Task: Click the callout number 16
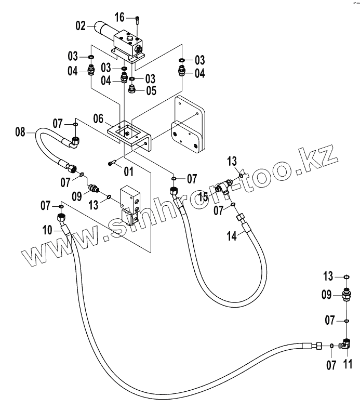pos(119,18)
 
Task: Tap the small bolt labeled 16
pos(137,20)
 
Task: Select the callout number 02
pos(81,24)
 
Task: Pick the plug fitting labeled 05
pos(132,89)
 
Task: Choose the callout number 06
pos(99,118)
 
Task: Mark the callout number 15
pos(204,196)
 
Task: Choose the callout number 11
pos(348,363)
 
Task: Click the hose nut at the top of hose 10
pos(60,217)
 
